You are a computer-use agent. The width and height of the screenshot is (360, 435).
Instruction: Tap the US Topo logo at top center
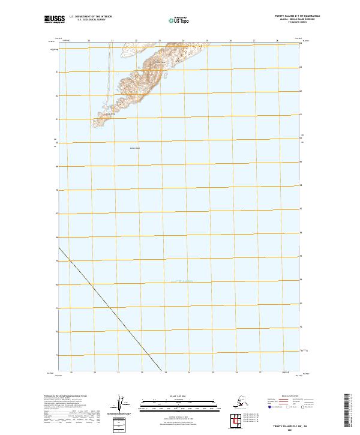179,20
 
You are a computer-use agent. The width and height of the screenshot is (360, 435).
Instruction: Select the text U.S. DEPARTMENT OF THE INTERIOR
89,16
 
